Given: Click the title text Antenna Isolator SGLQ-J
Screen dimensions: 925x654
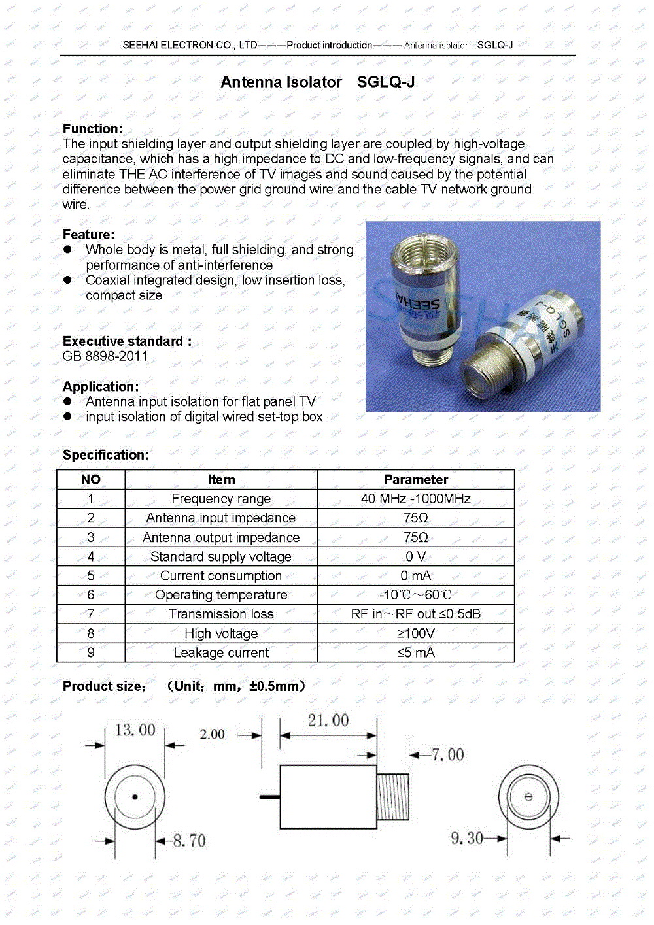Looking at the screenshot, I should (318, 82).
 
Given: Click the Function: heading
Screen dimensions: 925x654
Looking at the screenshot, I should (92, 129).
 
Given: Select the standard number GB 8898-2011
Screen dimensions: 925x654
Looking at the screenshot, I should (105, 356).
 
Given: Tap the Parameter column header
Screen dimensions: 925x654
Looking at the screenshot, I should (415, 480).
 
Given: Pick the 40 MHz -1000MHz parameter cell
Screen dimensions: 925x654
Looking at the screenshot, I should (415, 499).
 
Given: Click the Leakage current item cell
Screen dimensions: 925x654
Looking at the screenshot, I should (221, 652).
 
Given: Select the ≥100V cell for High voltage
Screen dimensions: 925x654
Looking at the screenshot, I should (415, 633).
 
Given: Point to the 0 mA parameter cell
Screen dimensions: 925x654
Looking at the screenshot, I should (415, 576).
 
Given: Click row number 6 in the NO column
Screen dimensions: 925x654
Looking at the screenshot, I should (91, 595).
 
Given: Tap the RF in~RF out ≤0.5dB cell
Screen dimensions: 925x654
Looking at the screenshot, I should (415, 614).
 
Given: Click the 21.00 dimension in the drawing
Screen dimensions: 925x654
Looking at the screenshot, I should (328, 720).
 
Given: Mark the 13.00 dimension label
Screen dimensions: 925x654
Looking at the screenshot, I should (135, 730).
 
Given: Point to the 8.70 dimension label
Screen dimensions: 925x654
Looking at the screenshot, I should (189, 841).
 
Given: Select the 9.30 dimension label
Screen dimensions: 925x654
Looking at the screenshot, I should (466, 838).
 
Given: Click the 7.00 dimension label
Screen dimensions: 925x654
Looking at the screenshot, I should (448, 755).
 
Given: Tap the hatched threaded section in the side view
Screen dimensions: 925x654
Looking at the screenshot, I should (393, 797).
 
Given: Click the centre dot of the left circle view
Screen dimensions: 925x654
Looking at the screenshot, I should (135, 797).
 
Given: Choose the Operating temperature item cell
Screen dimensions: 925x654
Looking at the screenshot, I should (221, 595).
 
